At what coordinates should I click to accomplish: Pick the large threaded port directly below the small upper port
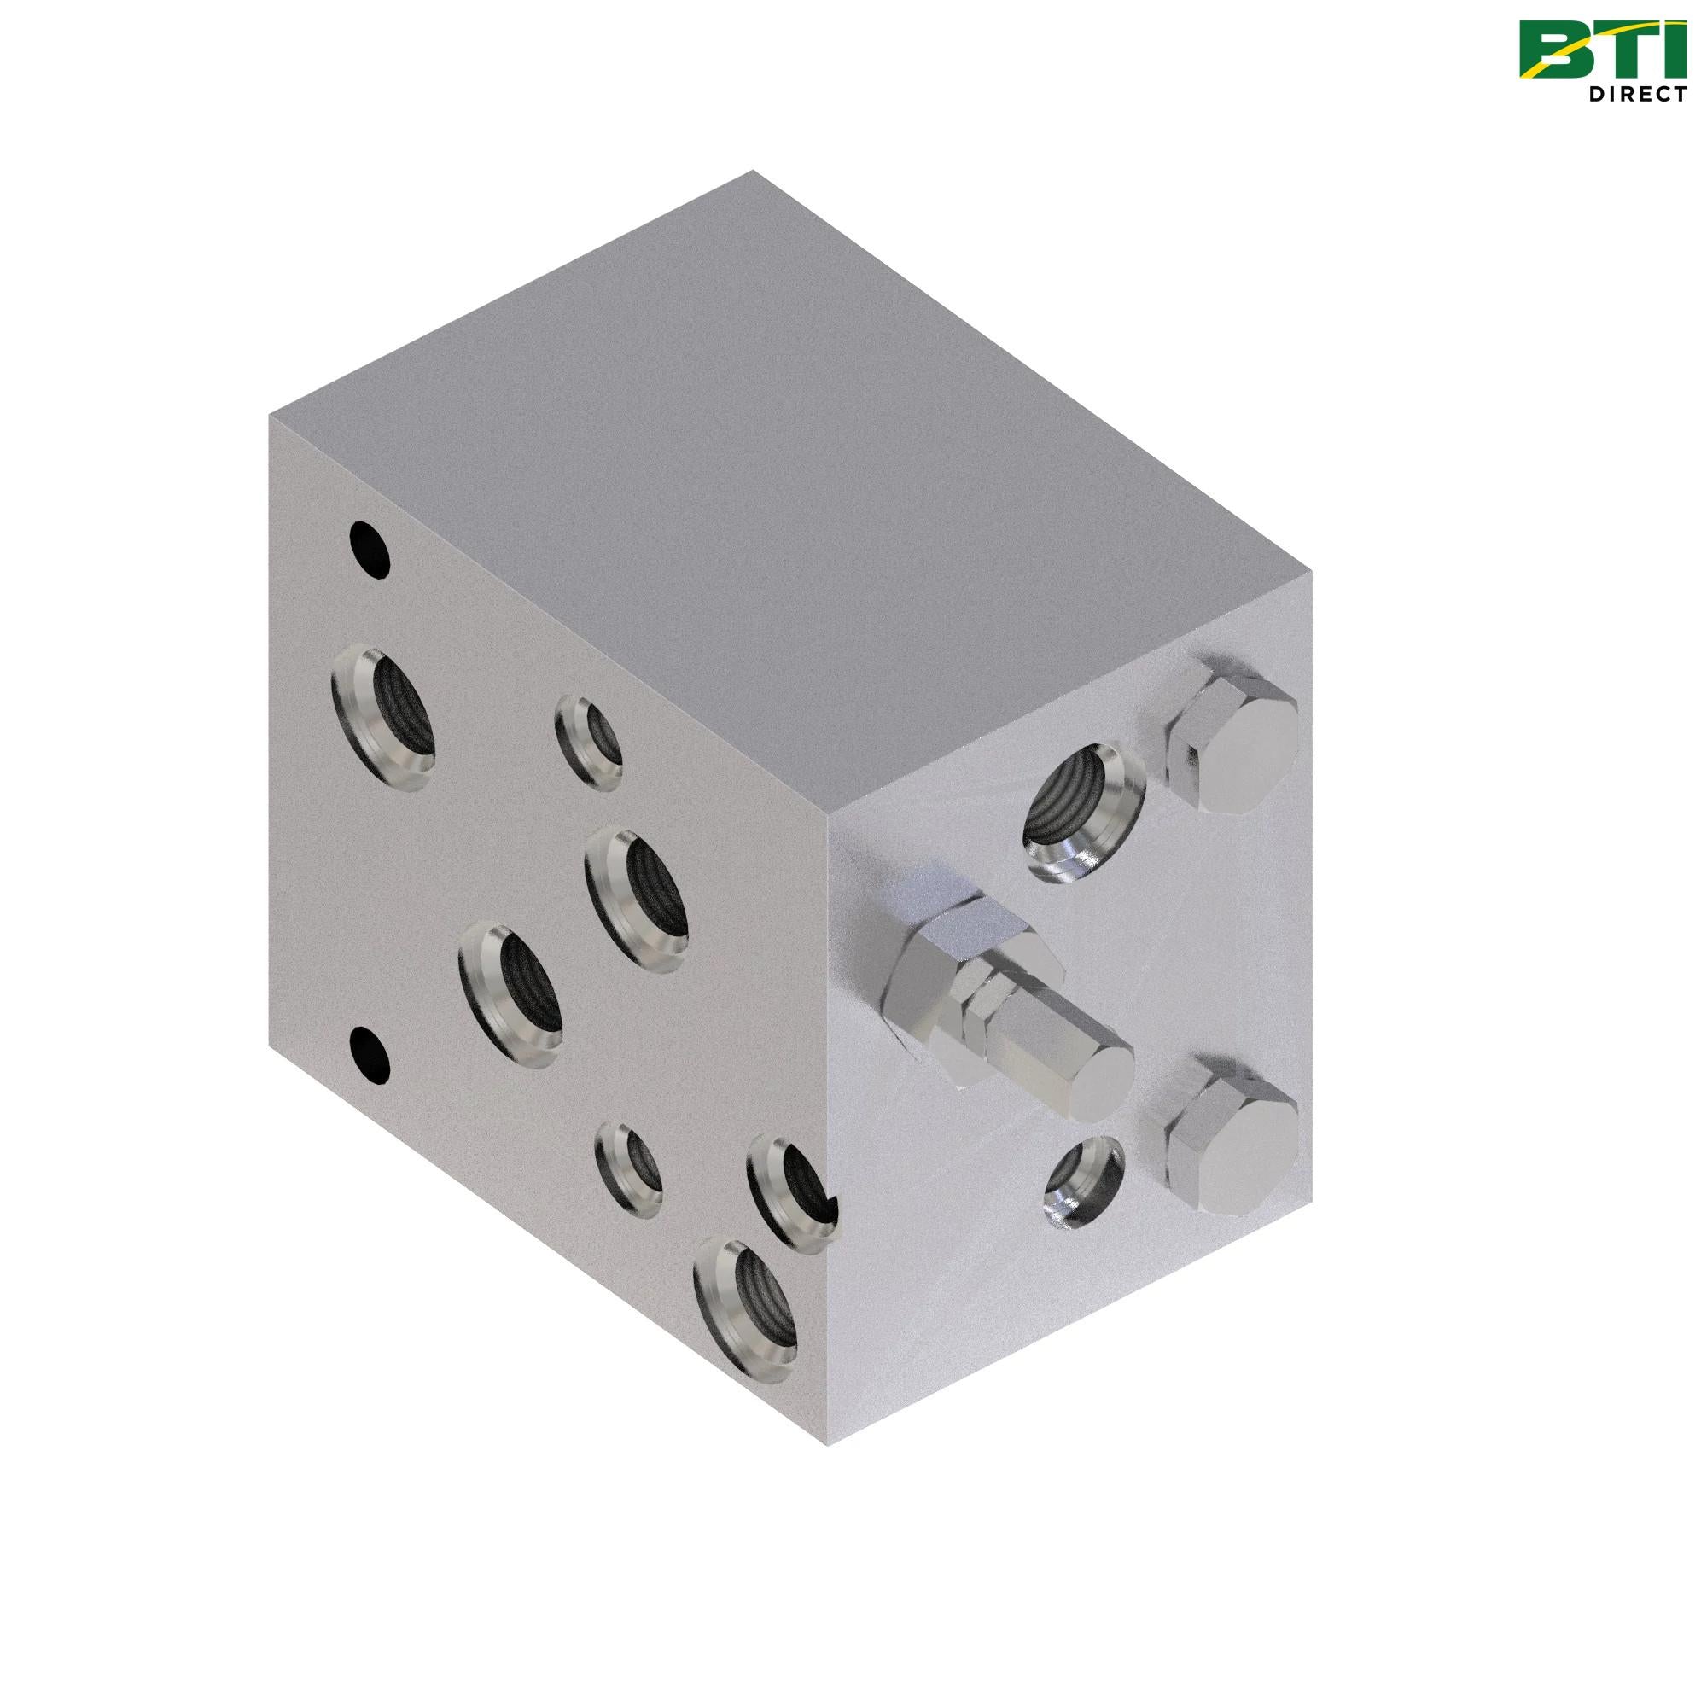[637, 900]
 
